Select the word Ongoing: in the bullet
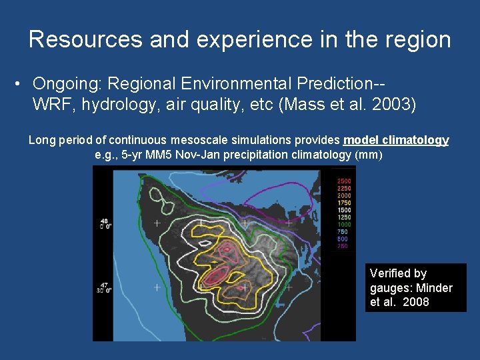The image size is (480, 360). click(67, 84)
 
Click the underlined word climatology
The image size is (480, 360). click(417, 140)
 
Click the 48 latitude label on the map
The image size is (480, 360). click(103, 221)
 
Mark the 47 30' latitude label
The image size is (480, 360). click(103, 287)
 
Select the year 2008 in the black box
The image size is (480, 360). click(416, 303)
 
